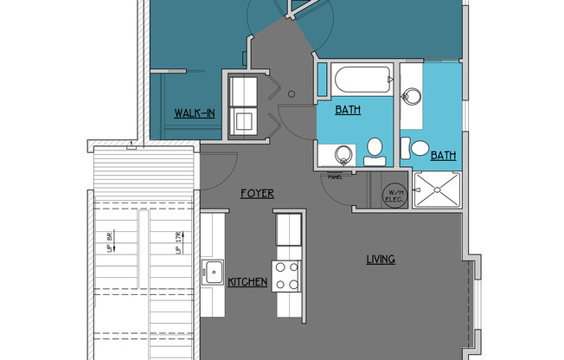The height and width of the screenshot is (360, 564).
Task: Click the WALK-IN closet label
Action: (x=195, y=112)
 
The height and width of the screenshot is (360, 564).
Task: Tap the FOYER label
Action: (x=258, y=194)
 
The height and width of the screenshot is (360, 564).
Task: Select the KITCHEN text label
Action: (x=247, y=282)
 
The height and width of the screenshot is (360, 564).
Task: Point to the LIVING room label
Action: (x=380, y=259)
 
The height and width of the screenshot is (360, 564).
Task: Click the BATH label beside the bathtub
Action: (x=348, y=111)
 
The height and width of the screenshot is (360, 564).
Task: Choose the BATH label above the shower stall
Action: (x=443, y=156)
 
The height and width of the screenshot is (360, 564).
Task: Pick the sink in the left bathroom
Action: (x=343, y=155)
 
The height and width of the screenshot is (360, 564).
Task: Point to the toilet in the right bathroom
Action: (x=420, y=147)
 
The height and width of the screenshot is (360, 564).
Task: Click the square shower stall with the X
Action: (x=438, y=189)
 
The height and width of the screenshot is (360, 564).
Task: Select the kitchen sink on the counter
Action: (x=213, y=272)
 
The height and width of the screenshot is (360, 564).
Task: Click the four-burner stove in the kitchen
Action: (x=287, y=275)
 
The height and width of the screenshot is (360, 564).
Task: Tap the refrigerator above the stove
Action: (x=287, y=231)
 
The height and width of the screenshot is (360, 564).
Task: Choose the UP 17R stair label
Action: (x=177, y=242)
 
